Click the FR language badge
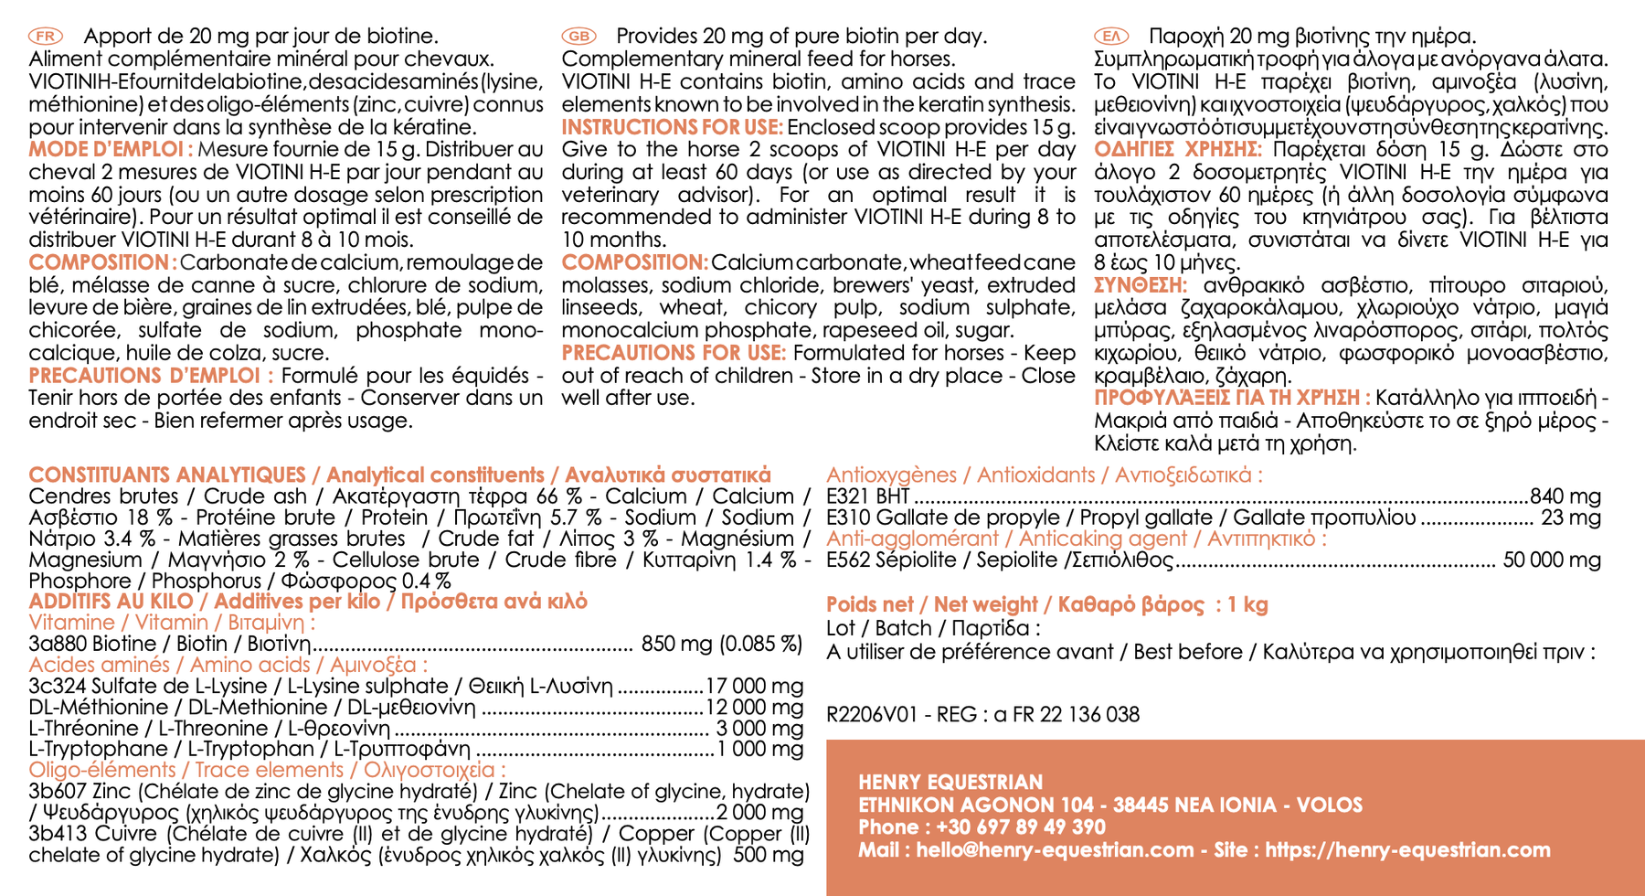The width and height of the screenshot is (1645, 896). pyautogui.click(x=46, y=36)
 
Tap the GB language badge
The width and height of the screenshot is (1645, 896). pyautogui.click(x=578, y=36)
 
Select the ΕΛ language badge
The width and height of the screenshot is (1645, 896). pyautogui.click(x=1111, y=36)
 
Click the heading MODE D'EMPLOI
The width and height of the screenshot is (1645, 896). pyautogui.click(x=111, y=149)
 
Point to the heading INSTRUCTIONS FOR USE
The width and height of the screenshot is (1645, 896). pyautogui.click(x=672, y=127)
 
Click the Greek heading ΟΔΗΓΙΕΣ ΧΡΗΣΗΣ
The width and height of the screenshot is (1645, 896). pyautogui.click(x=1177, y=149)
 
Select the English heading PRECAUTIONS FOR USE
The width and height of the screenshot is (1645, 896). pyautogui.click(x=674, y=353)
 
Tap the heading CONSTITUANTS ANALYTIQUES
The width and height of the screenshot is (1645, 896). pyautogui.click(x=167, y=475)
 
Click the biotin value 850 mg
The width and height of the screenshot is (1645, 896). pyautogui.click(x=676, y=644)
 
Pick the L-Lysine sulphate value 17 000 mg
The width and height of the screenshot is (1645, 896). pyautogui.click(x=755, y=686)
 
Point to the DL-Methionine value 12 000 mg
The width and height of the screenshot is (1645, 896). pyautogui.click(x=755, y=707)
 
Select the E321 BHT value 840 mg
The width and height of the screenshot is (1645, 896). pyautogui.click(x=1565, y=496)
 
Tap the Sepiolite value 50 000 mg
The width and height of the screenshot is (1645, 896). pyautogui.click(x=1552, y=560)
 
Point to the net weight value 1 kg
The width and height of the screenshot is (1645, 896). pyautogui.click(x=1248, y=604)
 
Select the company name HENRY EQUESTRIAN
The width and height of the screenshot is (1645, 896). pyautogui.click(x=950, y=782)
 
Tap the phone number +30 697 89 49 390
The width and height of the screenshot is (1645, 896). pyautogui.click(x=1014, y=827)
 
